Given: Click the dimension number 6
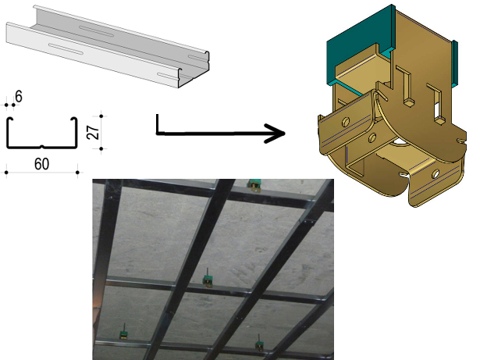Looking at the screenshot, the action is [x=19, y=97].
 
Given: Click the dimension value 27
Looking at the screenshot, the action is [x=94, y=132].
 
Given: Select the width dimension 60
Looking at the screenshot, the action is [x=41, y=164].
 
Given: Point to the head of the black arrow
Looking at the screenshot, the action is [x=276, y=134].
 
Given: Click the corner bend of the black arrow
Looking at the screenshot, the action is [x=158, y=134].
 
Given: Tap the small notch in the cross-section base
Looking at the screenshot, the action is [x=42, y=147].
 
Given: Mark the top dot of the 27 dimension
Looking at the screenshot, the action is [x=101, y=116].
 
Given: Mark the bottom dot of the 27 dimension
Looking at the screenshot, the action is [x=101, y=149].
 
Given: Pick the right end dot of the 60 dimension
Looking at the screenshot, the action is [x=78, y=173].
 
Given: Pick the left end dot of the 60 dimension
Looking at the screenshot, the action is [x=6, y=173].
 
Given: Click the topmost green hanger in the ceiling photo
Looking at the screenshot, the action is [x=254, y=185].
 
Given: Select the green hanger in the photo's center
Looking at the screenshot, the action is [x=208, y=280].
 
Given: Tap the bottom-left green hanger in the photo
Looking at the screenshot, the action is [x=124, y=334].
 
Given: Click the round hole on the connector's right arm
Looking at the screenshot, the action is [x=436, y=174].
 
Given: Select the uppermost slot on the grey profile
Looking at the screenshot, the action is [x=97, y=31].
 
